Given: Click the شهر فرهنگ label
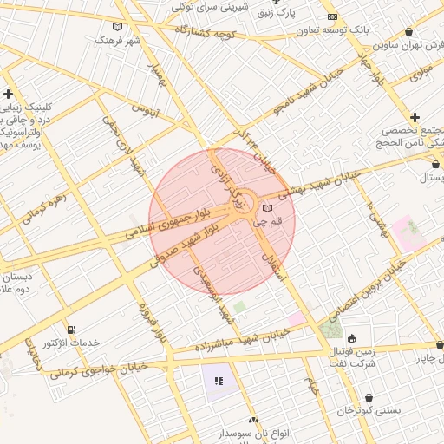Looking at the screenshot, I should (x=118, y=41).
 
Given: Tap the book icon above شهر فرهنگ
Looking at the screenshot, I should (x=118, y=27).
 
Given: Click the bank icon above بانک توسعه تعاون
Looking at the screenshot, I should (x=332, y=17).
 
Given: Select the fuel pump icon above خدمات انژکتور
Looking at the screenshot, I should (x=71, y=330).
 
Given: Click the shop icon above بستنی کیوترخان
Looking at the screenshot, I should (x=369, y=397).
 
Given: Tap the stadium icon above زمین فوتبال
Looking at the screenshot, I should (x=351, y=339).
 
